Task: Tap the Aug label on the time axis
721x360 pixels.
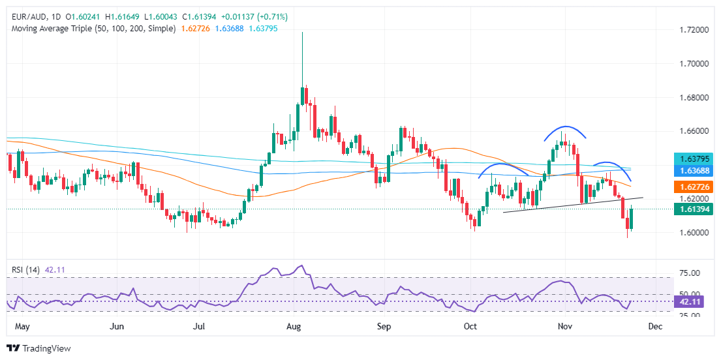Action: (x=293, y=326)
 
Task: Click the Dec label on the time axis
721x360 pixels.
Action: (x=656, y=326)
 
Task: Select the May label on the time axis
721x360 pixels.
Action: (x=23, y=326)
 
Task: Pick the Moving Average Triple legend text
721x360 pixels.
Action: (x=91, y=29)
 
